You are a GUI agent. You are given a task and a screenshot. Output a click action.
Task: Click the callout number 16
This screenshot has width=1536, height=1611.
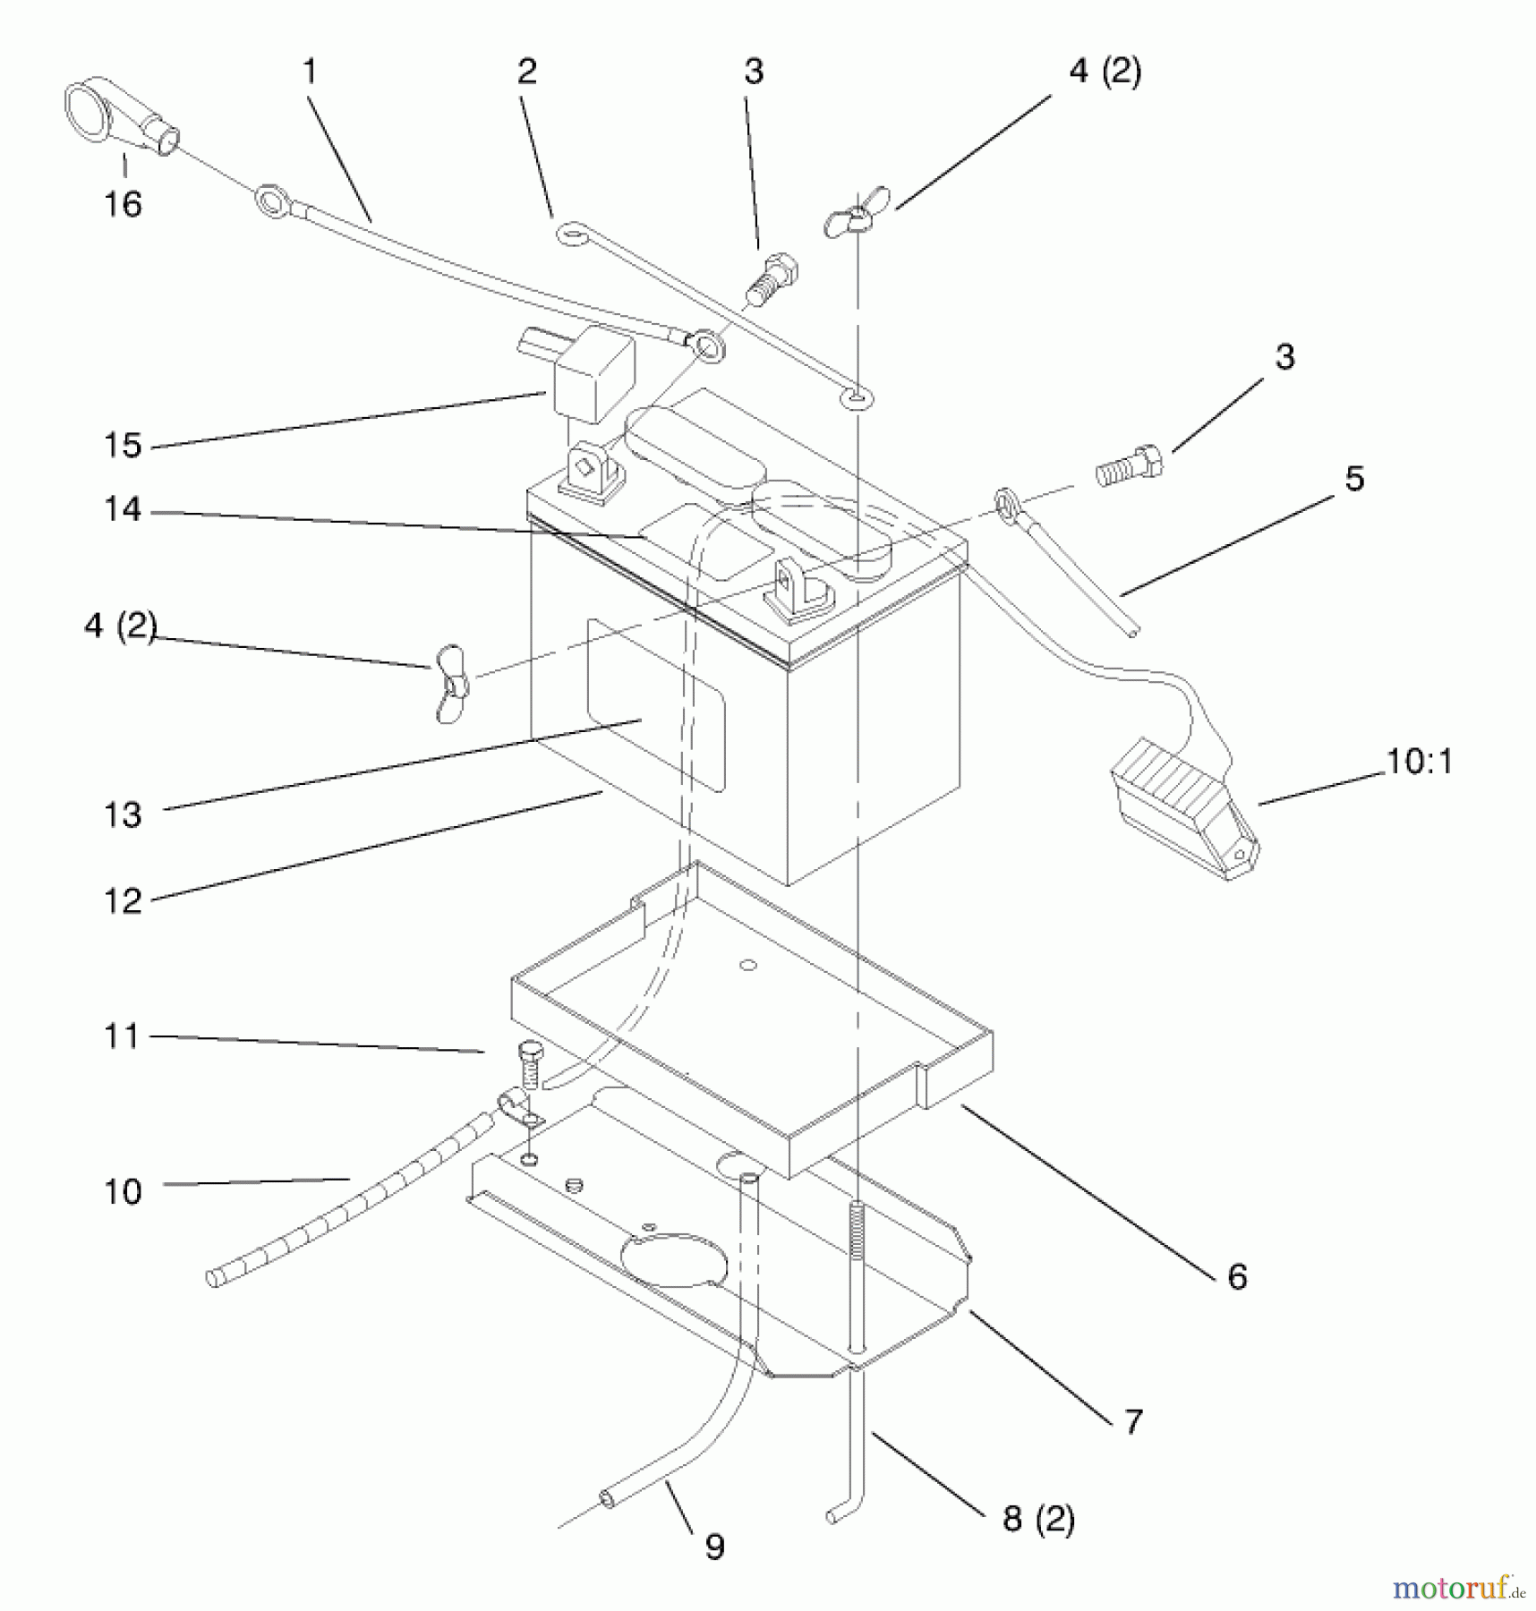coord(123,204)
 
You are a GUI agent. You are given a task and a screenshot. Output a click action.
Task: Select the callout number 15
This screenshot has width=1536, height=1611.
coord(123,445)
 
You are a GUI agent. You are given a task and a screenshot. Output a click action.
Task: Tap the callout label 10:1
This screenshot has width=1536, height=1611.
coord(1419,761)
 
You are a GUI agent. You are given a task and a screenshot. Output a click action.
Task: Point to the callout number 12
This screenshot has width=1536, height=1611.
coord(123,900)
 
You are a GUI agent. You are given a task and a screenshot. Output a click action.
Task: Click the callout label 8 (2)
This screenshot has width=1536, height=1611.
coord(1038,1519)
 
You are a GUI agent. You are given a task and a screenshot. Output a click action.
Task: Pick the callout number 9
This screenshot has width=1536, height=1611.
coord(714,1547)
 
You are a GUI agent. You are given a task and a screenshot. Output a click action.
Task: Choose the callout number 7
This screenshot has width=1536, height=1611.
coord(1133,1421)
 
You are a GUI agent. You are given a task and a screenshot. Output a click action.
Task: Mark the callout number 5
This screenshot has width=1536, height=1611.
coord(1354,479)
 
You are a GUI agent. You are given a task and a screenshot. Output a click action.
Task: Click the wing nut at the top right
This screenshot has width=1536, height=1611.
coord(856,212)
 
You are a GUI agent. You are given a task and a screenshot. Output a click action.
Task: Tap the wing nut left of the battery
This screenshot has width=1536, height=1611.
coord(451,682)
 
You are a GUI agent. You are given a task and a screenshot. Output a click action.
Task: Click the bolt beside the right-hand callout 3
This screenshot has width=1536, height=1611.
coord(1130,466)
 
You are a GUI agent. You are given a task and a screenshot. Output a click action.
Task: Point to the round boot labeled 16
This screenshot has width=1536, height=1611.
coord(119,119)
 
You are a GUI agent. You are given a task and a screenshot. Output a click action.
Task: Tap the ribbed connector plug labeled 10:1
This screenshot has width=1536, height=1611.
coord(1184,808)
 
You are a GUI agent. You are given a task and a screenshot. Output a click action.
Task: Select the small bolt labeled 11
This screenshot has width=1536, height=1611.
coord(527,1065)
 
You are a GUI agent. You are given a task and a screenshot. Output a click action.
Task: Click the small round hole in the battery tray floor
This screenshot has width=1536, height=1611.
coord(749,965)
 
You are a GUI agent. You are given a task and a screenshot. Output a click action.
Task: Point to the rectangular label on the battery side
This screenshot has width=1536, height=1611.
coord(655,706)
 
